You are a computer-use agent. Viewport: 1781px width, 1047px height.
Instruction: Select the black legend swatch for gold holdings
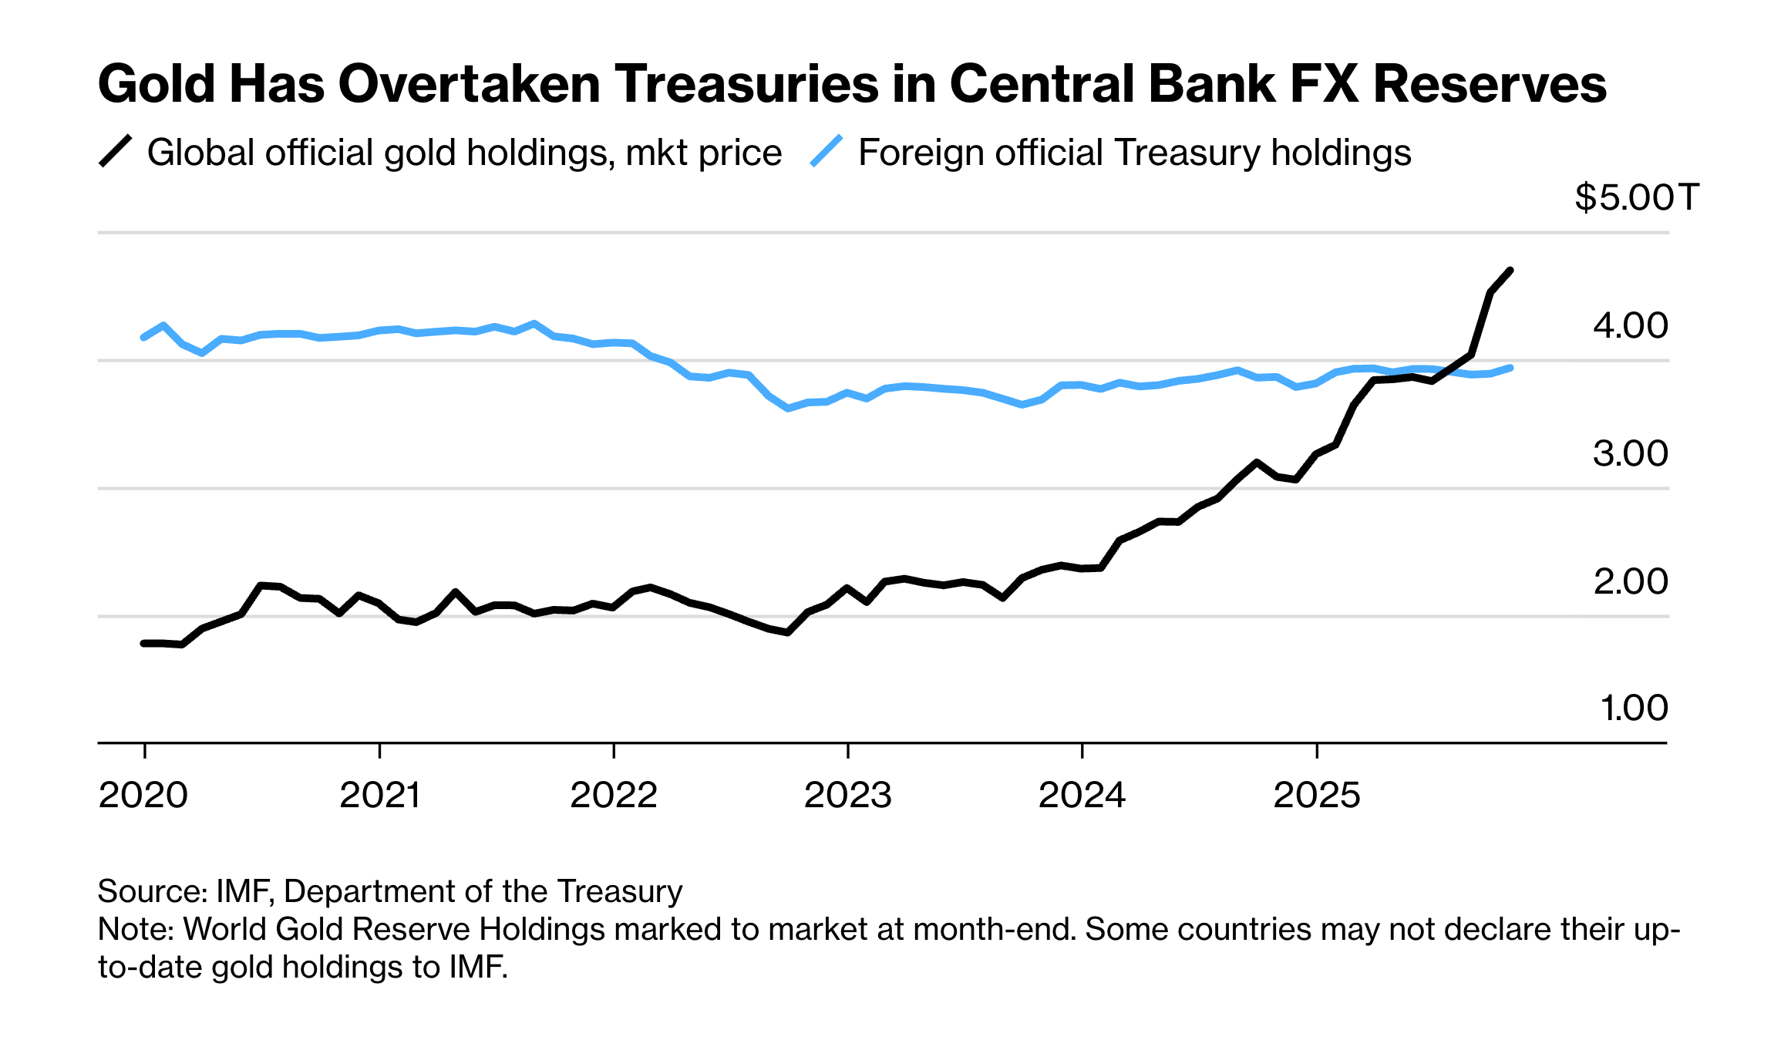tap(116, 151)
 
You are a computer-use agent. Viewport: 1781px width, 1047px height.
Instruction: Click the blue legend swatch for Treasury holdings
tap(827, 151)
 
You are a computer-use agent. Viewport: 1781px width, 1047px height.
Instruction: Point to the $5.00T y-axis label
tap(1636, 197)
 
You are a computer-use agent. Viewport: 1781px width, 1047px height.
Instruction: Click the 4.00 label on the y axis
tap(1630, 325)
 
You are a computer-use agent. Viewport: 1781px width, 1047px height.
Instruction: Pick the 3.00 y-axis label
tap(1630, 453)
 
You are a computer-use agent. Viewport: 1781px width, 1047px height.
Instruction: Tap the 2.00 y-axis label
tap(1630, 581)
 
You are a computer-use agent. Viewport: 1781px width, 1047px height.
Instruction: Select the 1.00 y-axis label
tap(1634, 708)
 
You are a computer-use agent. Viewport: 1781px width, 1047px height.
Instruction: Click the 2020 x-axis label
tap(143, 795)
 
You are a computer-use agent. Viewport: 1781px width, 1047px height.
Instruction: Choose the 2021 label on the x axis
tap(379, 795)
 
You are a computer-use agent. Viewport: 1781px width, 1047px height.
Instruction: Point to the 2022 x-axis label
tap(614, 795)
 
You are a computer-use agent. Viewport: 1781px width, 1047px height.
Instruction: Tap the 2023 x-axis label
tap(848, 795)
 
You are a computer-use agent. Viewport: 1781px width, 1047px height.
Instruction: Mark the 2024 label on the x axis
tap(1082, 795)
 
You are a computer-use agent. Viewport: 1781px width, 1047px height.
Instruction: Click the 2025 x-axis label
tap(1317, 795)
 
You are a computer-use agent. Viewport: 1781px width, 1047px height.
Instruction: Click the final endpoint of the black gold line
tap(1510, 271)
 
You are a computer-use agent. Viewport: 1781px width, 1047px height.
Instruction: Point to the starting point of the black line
tap(143, 643)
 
